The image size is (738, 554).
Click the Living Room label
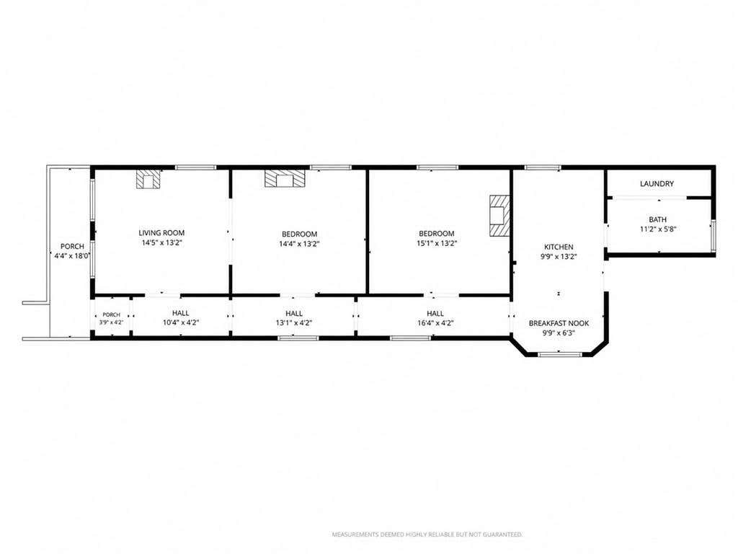pyautogui.click(x=161, y=233)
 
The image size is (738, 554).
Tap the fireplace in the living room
pyautogui.click(x=148, y=179)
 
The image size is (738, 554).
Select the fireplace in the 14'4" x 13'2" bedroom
pyautogui.click(x=285, y=179)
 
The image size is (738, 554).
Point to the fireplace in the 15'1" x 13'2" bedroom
pyautogui.click(x=500, y=215)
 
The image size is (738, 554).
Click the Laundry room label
pyautogui.click(x=657, y=184)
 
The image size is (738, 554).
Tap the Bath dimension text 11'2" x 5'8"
pyautogui.click(x=657, y=229)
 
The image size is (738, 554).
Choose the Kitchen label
pyautogui.click(x=559, y=247)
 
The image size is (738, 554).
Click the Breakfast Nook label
pyautogui.click(x=559, y=323)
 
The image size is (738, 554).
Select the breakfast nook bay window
pyautogui.click(x=559, y=354)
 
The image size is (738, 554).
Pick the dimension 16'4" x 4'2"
pyautogui.click(x=435, y=323)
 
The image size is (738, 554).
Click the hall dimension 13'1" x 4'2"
pyautogui.click(x=294, y=323)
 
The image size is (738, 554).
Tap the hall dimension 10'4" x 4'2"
pyautogui.click(x=181, y=323)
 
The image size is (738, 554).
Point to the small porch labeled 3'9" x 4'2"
pyautogui.click(x=112, y=318)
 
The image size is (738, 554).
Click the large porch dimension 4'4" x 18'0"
pyautogui.click(x=71, y=256)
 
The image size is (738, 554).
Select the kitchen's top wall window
pyautogui.click(x=543, y=167)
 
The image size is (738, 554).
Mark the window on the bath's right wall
pyautogui.click(x=713, y=234)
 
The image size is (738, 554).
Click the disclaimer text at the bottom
pyautogui.click(x=427, y=535)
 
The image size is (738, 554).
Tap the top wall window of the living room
pyautogui.click(x=196, y=167)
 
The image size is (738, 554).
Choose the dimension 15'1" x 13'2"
pyautogui.click(x=437, y=244)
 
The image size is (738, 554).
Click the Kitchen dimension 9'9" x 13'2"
pyautogui.click(x=559, y=257)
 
